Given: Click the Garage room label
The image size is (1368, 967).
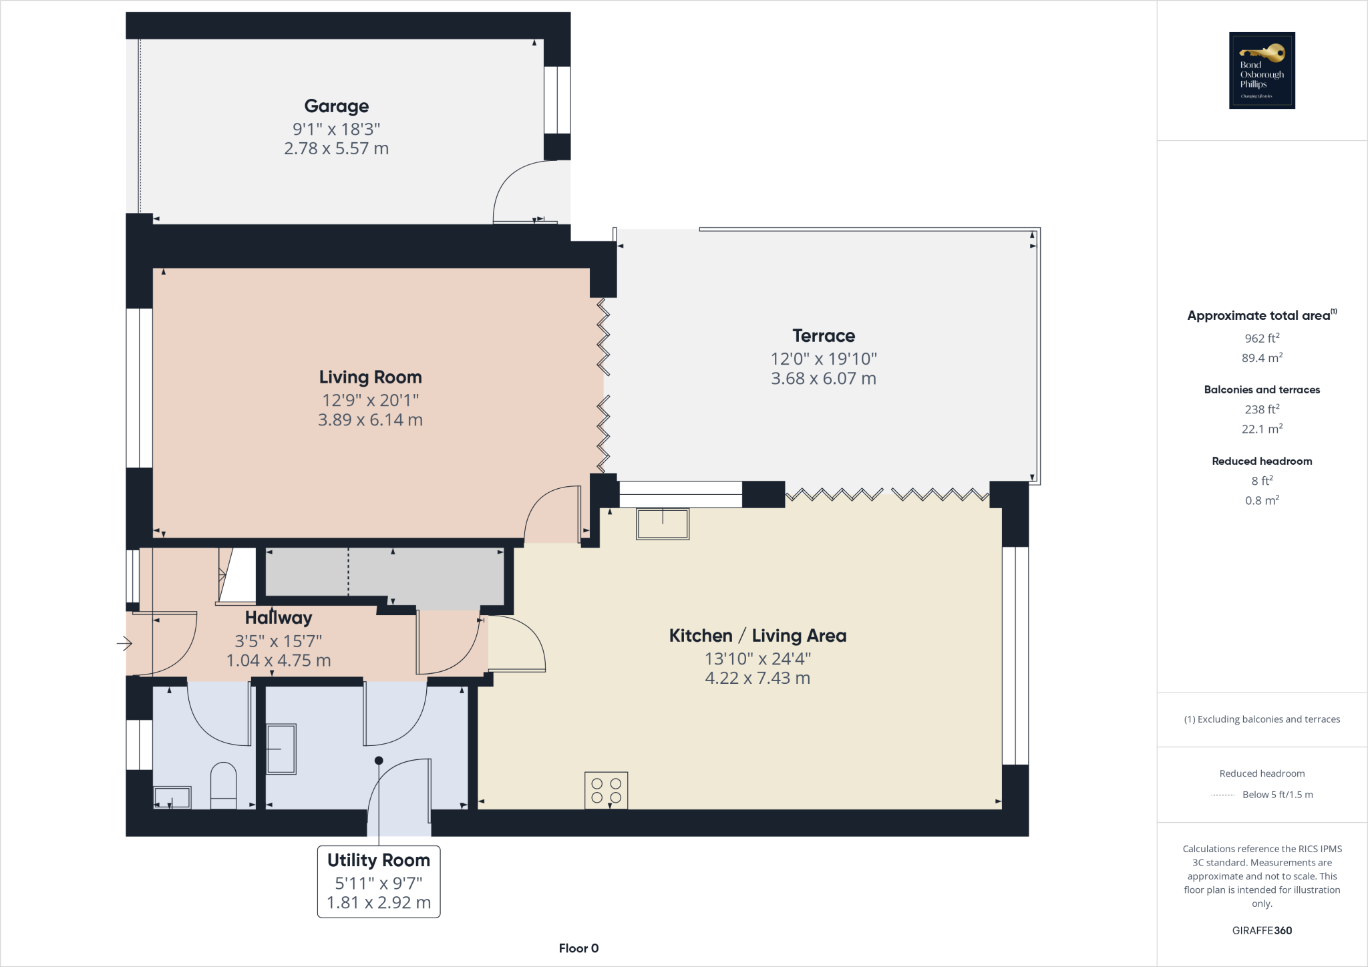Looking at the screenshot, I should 336,106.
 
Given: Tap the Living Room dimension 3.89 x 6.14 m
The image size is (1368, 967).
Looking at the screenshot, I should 370,420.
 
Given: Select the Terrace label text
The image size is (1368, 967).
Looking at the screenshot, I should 824,336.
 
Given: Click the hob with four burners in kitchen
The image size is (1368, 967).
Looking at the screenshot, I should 606,791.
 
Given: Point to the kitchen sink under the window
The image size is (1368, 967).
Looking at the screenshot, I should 662,524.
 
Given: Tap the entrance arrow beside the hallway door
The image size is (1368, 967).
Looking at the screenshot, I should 124,644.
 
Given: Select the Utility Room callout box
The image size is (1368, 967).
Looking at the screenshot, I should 378,882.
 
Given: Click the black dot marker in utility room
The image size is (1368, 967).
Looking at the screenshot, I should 379,761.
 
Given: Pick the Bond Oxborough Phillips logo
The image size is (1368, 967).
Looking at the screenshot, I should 1262,70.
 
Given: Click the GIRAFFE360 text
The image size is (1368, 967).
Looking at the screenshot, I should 1262,930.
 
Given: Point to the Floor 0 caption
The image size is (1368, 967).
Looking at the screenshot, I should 578,948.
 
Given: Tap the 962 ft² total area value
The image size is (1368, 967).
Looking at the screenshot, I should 1262,339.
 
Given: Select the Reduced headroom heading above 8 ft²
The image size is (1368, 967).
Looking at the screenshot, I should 1262,461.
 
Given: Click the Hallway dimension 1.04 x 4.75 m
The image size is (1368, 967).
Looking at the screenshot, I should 279,660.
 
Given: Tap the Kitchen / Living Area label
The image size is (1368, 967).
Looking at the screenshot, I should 757,636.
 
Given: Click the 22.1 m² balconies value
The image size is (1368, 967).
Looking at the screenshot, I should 1262,429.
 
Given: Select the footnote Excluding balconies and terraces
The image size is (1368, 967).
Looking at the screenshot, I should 1262,719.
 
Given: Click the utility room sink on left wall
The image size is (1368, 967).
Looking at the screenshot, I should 281,749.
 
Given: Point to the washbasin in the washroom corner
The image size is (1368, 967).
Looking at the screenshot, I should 172,797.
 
